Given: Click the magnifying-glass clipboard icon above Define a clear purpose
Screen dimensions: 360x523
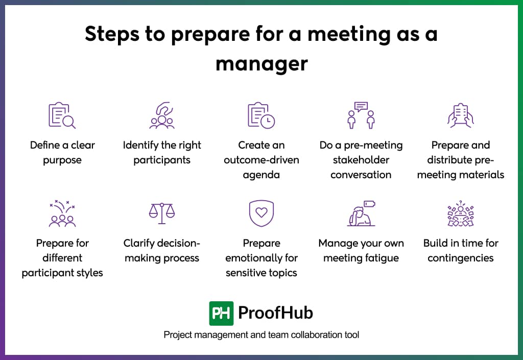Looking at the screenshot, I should click(62, 115).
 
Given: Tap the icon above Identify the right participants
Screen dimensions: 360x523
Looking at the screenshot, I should click(162, 115).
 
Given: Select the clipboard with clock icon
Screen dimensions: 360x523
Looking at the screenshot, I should click(261, 115).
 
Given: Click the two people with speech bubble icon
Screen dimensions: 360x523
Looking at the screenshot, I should click(361, 115).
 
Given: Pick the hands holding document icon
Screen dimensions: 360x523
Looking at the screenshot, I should click(460, 115).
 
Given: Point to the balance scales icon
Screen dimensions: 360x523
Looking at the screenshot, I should click(161, 213).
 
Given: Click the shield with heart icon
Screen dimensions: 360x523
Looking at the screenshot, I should click(261, 213).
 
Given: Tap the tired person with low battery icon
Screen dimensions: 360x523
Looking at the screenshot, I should click(361, 213).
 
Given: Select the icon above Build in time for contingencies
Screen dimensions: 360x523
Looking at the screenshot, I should click(460, 213).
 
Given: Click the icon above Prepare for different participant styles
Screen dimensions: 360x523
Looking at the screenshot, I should click(62, 213).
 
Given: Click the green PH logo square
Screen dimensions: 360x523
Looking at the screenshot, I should click(221, 313).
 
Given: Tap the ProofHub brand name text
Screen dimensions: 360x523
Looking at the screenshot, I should click(275, 313).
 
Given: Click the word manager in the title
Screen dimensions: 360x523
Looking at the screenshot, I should click(261, 64).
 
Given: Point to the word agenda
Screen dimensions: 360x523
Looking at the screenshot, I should click(261, 175).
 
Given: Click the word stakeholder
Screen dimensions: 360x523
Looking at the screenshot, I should click(361, 160).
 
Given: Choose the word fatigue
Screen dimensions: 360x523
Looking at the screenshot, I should click(381, 258).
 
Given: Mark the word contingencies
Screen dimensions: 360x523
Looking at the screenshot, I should click(460, 258).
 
